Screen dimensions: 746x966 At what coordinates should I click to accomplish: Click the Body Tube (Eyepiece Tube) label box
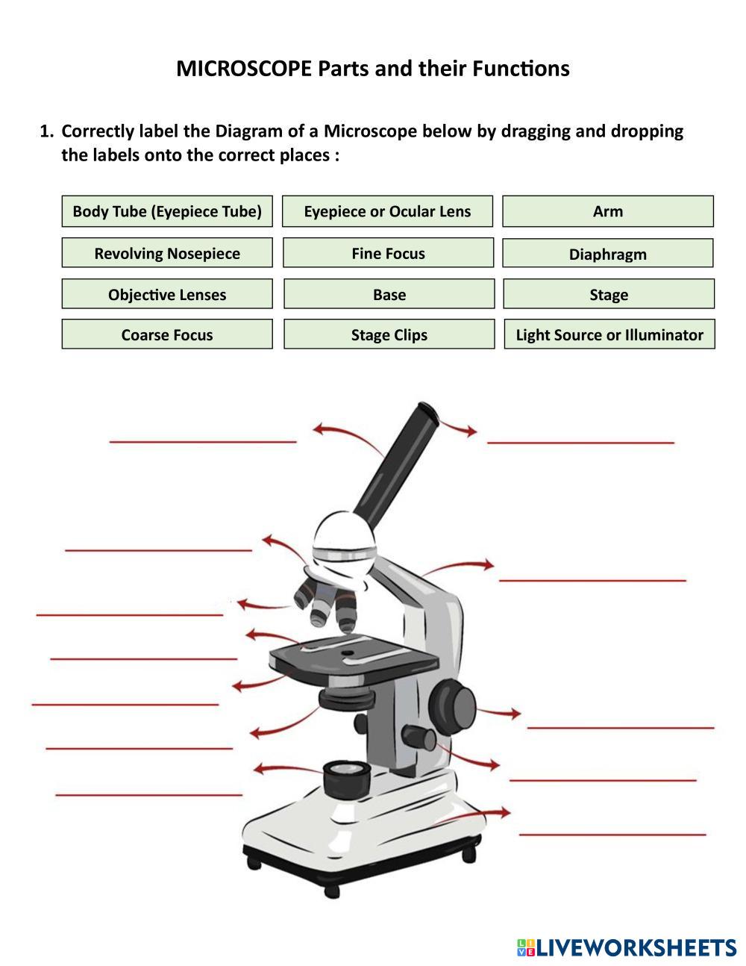[x=167, y=211]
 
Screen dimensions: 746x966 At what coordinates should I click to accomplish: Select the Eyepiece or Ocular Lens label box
[x=387, y=211]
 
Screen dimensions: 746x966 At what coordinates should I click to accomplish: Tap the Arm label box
[x=608, y=211]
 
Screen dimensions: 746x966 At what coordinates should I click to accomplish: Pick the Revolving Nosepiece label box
[x=167, y=253]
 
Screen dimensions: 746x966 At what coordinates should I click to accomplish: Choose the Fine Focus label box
[x=388, y=253]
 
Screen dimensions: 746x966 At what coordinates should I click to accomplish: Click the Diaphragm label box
[x=608, y=254]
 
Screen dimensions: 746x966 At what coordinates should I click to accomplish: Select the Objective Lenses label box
[x=167, y=294]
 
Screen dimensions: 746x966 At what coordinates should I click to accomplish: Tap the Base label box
[x=389, y=294]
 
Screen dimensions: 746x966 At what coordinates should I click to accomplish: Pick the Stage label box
[x=609, y=294]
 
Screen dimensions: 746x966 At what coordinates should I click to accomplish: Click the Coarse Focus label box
[x=167, y=334]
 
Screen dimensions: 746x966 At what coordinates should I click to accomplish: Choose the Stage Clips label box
[x=389, y=334]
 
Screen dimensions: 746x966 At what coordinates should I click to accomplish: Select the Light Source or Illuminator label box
[x=609, y=334]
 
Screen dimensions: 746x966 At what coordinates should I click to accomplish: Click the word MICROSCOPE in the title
[x=243, y=69]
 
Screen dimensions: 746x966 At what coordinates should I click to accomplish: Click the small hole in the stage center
[x=347, y=654]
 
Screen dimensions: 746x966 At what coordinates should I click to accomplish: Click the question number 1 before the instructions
[x=46, y=131]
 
